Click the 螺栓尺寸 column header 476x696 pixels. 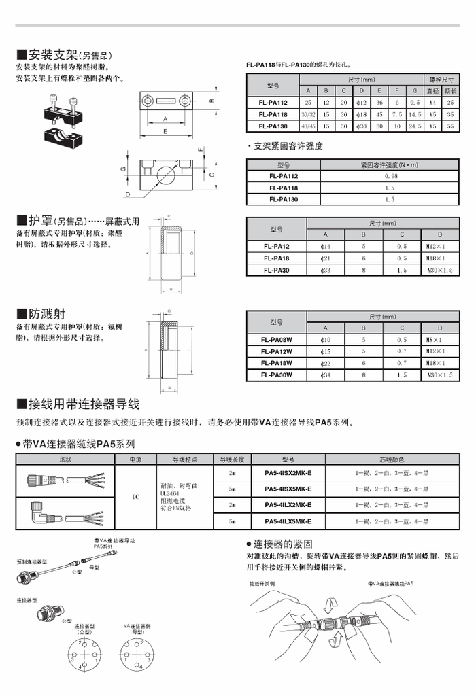tap(441, 80)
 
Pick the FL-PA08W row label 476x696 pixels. tap(276, 339)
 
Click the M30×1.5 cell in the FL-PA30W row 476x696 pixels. tap(441, 375)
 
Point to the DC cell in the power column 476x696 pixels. tap(135, 497)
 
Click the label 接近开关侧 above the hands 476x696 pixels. tap(262, 583)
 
